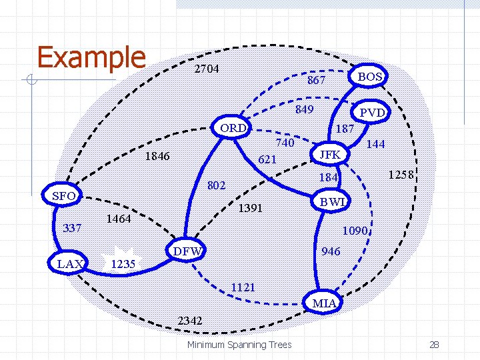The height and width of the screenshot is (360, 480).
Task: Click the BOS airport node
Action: (x=369, y=77)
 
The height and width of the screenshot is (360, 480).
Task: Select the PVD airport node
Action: (x=372, y=113)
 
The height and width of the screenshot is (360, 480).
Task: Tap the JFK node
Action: (x=330, y=155)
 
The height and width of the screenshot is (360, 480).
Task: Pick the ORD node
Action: (x=233, y=127)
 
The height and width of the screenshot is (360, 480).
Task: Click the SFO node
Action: (x=63, y=196)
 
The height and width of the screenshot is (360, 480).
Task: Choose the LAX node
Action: (x=70, y=264)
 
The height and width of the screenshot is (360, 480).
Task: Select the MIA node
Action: (x=325, y=303)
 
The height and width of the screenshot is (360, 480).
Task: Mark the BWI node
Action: (x=331, y=201)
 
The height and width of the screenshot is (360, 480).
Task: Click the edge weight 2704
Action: (x=207, y=69)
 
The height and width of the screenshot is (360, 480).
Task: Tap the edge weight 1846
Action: (x=158, y=157)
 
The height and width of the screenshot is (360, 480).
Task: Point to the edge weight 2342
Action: (x=190, y=321)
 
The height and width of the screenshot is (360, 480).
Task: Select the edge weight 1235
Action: (x=123, y=263)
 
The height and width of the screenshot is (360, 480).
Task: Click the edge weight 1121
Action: (x=243, y=287)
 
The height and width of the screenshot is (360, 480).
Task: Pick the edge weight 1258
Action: (x=403, y=175)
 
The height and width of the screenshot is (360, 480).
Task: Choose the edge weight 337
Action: (x=72, y=229)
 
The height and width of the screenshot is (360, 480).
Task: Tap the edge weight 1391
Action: (x=251, y=208)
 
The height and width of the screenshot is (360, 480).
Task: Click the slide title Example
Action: (x=91, y=57)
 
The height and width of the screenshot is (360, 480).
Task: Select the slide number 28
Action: (x=433, y=345)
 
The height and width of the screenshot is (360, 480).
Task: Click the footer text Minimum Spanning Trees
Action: (x=239, y=345)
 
